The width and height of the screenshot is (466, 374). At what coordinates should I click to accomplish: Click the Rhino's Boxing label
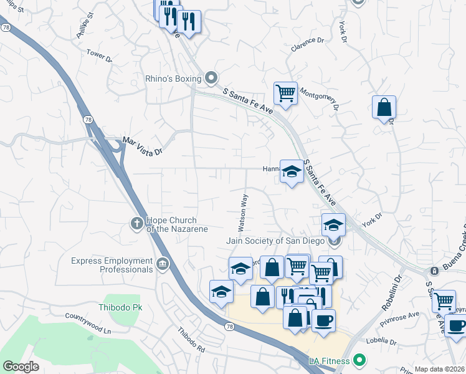pos(173,79)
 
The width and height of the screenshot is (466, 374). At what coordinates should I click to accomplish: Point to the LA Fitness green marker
pos(359,360)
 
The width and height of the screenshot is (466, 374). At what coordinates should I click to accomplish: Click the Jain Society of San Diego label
pos(277,241)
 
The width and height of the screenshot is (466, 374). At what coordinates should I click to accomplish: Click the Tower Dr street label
pos(99,56)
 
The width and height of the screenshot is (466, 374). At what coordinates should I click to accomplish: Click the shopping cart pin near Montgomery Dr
pos(285,93)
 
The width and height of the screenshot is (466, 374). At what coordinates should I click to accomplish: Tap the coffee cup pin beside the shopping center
pos(323,321)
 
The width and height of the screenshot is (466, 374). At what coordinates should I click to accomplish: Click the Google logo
pos(21,367)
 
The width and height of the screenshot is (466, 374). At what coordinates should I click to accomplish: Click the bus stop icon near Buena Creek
pos(434,271)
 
